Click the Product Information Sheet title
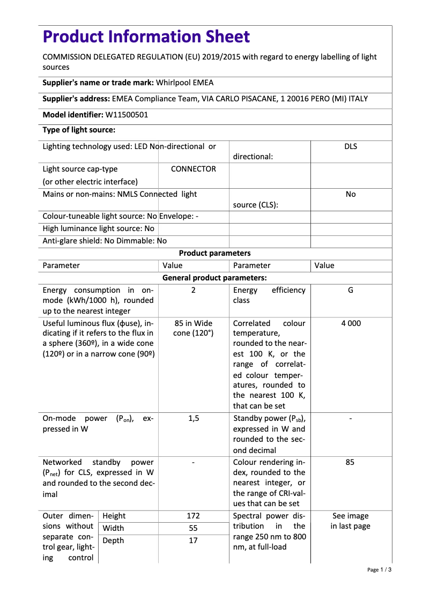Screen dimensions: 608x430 [146, 37]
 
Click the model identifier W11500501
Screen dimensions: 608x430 [127, 115]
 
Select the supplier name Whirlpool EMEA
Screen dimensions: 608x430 [185, 83]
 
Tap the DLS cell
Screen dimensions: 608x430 [350, 146]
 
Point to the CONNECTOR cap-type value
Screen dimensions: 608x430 [193, 169]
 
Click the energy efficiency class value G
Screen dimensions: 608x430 [350, 290]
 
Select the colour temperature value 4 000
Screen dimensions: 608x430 [350, 323]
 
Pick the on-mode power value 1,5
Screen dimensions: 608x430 [193, 419]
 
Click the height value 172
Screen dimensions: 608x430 [193, 516]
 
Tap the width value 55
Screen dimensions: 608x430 [193, 528]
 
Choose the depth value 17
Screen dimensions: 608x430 [193, 540]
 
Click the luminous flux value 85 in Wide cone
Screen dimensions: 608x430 [193, 329]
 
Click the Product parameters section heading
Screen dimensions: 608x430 [214, 253]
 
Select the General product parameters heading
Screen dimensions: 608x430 [214, 278]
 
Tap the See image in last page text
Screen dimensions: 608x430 [350, 521]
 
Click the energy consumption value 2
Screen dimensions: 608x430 [193, 290]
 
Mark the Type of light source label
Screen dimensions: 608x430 [79, 130]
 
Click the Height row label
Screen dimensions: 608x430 [114, 516]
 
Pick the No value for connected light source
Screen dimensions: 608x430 [350, 194]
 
